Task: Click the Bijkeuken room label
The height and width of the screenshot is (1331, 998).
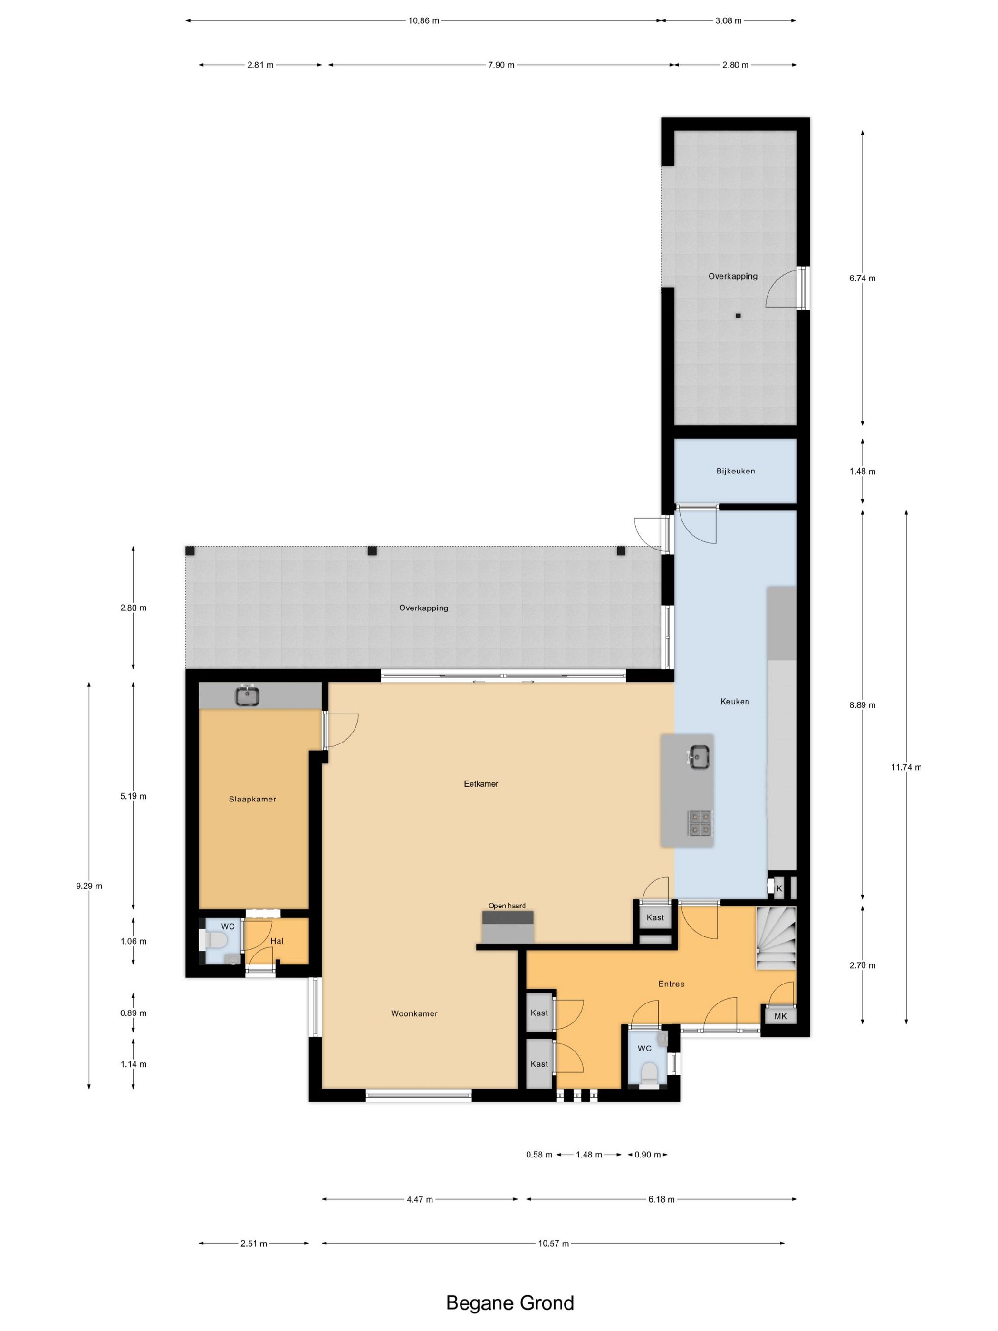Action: coord(735,471)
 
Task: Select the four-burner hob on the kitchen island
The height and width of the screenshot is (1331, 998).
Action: coord(700,823)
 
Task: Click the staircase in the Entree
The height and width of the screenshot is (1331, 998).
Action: coord(776,938)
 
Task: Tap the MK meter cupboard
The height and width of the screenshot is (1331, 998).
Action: coord(780,1016)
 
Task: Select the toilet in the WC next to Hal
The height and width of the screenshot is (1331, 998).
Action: coord(215,940)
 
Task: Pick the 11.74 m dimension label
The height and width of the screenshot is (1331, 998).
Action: coord(906,767)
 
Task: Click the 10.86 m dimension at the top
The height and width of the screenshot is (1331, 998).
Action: coord(423,20)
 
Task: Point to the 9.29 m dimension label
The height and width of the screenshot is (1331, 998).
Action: coord(89,886)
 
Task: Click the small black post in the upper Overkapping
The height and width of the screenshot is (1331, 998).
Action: coord(738,315)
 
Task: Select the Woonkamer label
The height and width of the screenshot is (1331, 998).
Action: coord(414,1013)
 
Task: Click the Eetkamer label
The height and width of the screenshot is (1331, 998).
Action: coord(481,783)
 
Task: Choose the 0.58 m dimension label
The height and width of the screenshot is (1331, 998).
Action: coord(539,1155)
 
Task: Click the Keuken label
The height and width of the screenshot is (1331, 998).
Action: coord(735,701)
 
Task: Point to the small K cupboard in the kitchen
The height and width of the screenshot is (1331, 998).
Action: coord(779,888)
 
